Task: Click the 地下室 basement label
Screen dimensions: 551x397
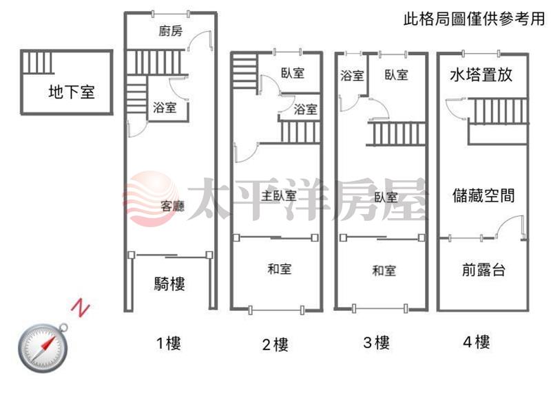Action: pyautogui.click(x=72, y=92)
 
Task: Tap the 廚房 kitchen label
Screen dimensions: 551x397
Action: pyautogui.click(x=170, y=31)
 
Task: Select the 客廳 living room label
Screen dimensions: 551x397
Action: pyautogui.click(x=173, y=206)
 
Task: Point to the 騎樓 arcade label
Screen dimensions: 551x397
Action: pyautogui.click(x=169, y=283)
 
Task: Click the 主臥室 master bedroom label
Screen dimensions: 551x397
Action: pyautogui.click(x=279, y=196)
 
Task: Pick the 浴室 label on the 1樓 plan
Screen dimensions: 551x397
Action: pyautogui.click(x=165, y=107)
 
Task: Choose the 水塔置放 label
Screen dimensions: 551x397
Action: pyautogui.click(x=481, y=75)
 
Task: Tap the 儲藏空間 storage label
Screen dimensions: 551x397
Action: pyautogui.click(x=484, y=195)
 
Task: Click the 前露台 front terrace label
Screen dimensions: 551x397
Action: pyautogui.click(x=484, y=270)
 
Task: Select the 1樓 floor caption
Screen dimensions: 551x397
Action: pyautogui.click(x=169, y=343)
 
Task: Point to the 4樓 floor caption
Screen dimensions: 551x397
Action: pyautogui.click(x=477, y=342)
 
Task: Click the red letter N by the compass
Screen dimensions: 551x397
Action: pyautogui.click(x=81, y=308)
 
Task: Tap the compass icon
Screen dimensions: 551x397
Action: pyautogui.click(x=43, y=347)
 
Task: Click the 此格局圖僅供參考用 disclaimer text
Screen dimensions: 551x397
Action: pyautogui.click(x=475, y=19)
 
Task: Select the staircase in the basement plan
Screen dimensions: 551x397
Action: pyautogui.click(x=38, y=63)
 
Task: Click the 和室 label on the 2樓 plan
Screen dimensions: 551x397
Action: pyautogui.click(x=280, y=269)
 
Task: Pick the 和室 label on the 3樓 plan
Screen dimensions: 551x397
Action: pyautogui.click(x=384, y=270)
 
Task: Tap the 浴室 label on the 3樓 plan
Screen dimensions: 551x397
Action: pyautogui.click(x=352, y=75)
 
